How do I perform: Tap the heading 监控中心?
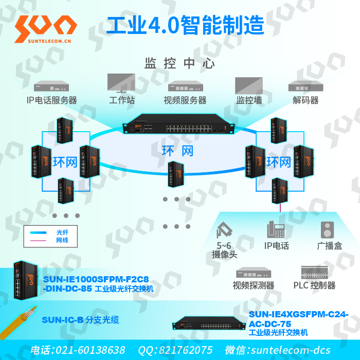click(x=179, y=64)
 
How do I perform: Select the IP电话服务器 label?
click(x=51, y=100)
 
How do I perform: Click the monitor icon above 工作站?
click(x=121, y=83)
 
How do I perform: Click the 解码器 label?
click(x=305, y=100)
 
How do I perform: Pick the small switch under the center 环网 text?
click(x=176, y=173)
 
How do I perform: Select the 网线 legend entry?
click(x=62, y=240)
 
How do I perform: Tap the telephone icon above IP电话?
click(x=276, y=229)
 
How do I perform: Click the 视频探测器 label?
click(x=253, y=285)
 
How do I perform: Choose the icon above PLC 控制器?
click(x=314, y=272)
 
